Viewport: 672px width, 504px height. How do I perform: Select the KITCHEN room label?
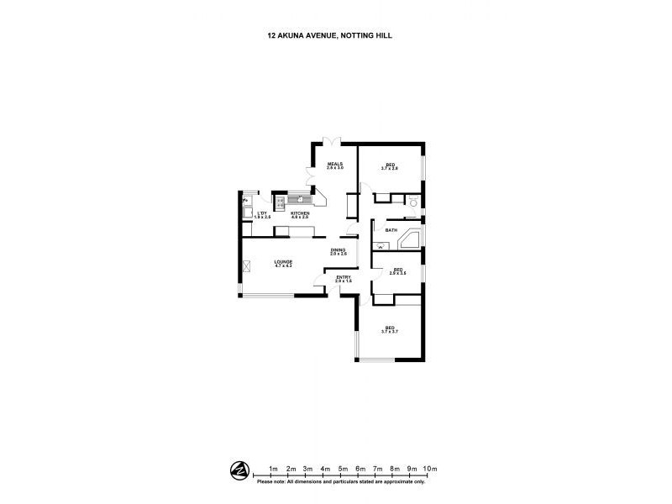coord(300,214)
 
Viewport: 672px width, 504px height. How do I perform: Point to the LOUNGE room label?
coord(283,263)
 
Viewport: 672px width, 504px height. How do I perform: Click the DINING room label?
coord(338,249)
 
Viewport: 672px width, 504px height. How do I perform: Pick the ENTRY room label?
coord(344,278)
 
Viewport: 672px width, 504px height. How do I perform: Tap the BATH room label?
coord(391,229)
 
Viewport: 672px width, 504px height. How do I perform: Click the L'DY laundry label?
coord(262,214)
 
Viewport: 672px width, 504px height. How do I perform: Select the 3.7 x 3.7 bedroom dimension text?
coord(389,333)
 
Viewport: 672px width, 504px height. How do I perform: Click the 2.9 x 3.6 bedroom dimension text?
coord(399,273)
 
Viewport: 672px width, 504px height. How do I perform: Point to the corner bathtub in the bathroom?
coord(410,239)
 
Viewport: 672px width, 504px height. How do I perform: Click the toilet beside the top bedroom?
coord(412,202)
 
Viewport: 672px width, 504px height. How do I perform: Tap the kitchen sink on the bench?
coord(298,199)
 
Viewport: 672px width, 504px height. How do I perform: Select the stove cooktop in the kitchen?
coord(280,202)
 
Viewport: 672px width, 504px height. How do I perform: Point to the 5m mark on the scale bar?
coord(343,469)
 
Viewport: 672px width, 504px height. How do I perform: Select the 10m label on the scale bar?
coord(430,469)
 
